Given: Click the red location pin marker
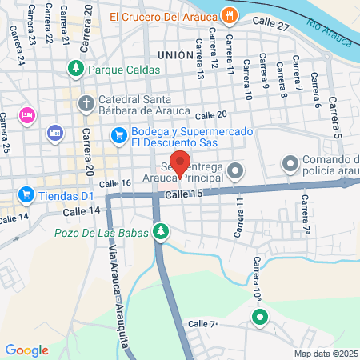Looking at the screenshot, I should [x=181, y=163].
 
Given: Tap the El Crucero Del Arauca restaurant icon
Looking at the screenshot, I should [x=230, y=14].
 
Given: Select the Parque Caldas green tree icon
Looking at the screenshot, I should [x=76, y=69].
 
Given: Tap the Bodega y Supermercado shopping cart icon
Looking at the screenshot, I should [x=119, y=136].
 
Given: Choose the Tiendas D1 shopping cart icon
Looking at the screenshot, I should [x=26, y=194].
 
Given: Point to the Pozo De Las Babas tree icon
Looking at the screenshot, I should [x=162, y=231].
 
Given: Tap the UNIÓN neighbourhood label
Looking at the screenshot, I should [x=175, y=55].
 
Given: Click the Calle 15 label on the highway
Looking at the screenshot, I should [x=185, y=194].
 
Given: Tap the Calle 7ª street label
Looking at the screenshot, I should [x=203, y=323].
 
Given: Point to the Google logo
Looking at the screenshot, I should [x=27, y=350].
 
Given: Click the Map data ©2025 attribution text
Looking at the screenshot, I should [x=326, y=354].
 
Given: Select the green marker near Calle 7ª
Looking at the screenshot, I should [x=260, y=318].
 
